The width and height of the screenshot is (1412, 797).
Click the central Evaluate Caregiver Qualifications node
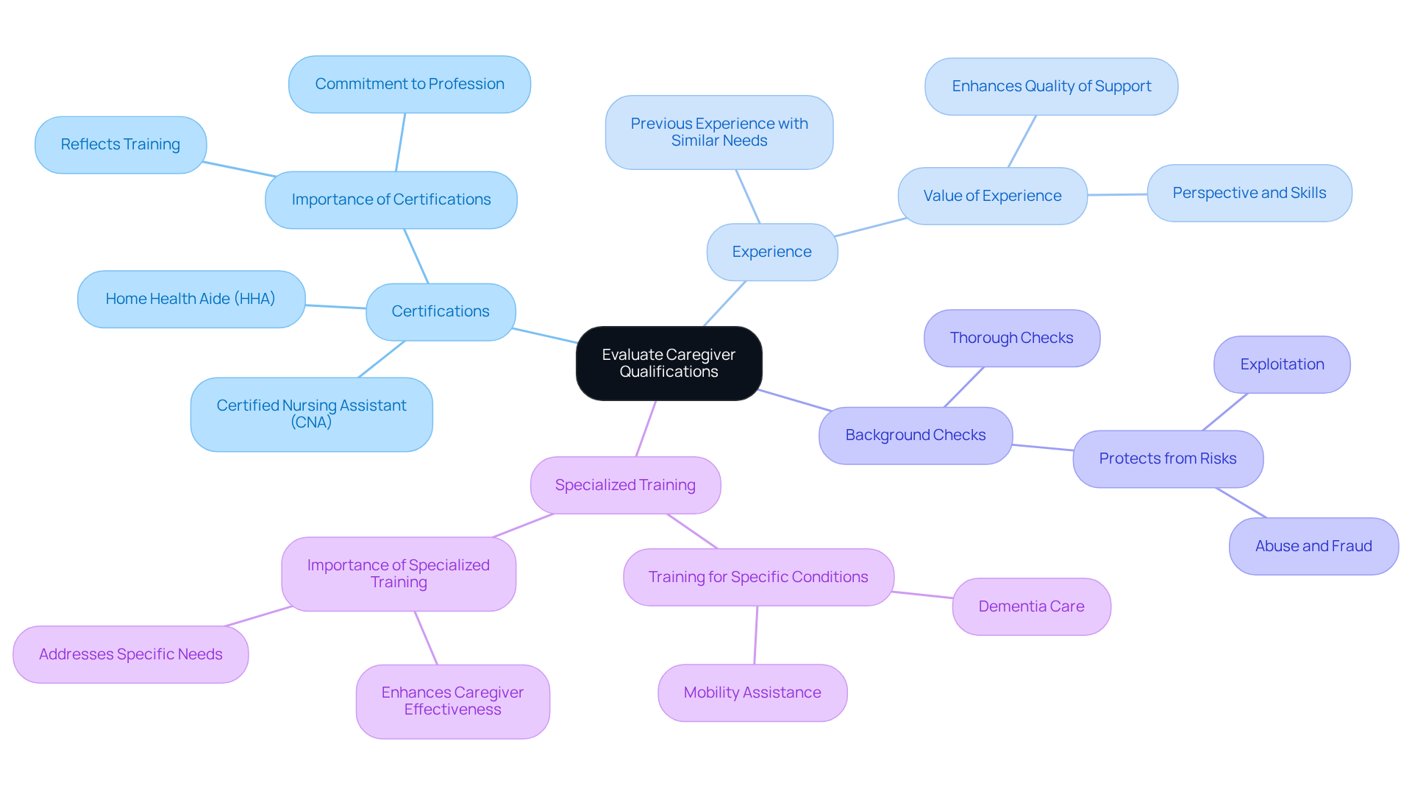668,364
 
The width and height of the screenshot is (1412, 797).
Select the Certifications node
441,312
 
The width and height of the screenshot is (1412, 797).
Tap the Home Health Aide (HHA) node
190,299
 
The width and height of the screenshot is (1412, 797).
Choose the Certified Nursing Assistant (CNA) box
311,414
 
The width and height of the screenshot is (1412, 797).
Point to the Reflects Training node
121,145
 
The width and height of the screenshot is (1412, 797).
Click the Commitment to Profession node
410,85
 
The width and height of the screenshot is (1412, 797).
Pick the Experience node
771,252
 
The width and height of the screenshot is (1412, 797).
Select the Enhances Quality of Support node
1051,87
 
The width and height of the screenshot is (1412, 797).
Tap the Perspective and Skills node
1249,194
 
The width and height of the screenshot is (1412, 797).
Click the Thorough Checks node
1011,339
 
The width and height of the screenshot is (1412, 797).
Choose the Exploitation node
1282,365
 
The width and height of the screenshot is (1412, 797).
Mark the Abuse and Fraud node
1313,547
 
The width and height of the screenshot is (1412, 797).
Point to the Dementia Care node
1031,607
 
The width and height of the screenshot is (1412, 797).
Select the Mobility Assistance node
752,693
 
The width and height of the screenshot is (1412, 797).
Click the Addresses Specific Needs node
131,655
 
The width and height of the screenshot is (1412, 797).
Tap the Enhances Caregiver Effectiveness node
452,702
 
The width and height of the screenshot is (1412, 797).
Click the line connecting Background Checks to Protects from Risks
1043,447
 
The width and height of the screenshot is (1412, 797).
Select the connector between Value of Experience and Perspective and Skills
1117,195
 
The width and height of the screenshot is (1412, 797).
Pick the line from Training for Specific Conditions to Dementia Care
923,595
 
